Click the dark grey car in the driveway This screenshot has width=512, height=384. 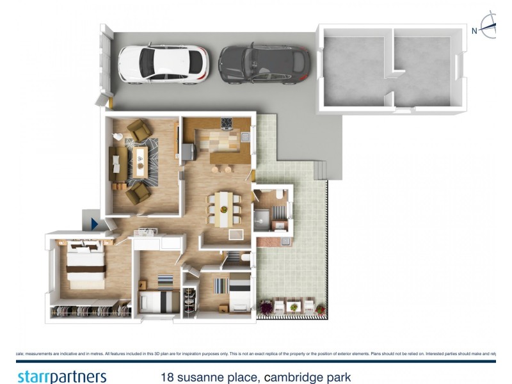[264, 64]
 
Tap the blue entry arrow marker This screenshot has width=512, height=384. [93, 223]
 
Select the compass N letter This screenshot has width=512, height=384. [474, 31]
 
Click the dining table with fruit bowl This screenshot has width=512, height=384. [223, 207]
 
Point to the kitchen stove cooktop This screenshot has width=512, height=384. [227, 124]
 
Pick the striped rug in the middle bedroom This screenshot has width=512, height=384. [165, 281]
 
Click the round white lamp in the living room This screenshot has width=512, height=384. [118, 136]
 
